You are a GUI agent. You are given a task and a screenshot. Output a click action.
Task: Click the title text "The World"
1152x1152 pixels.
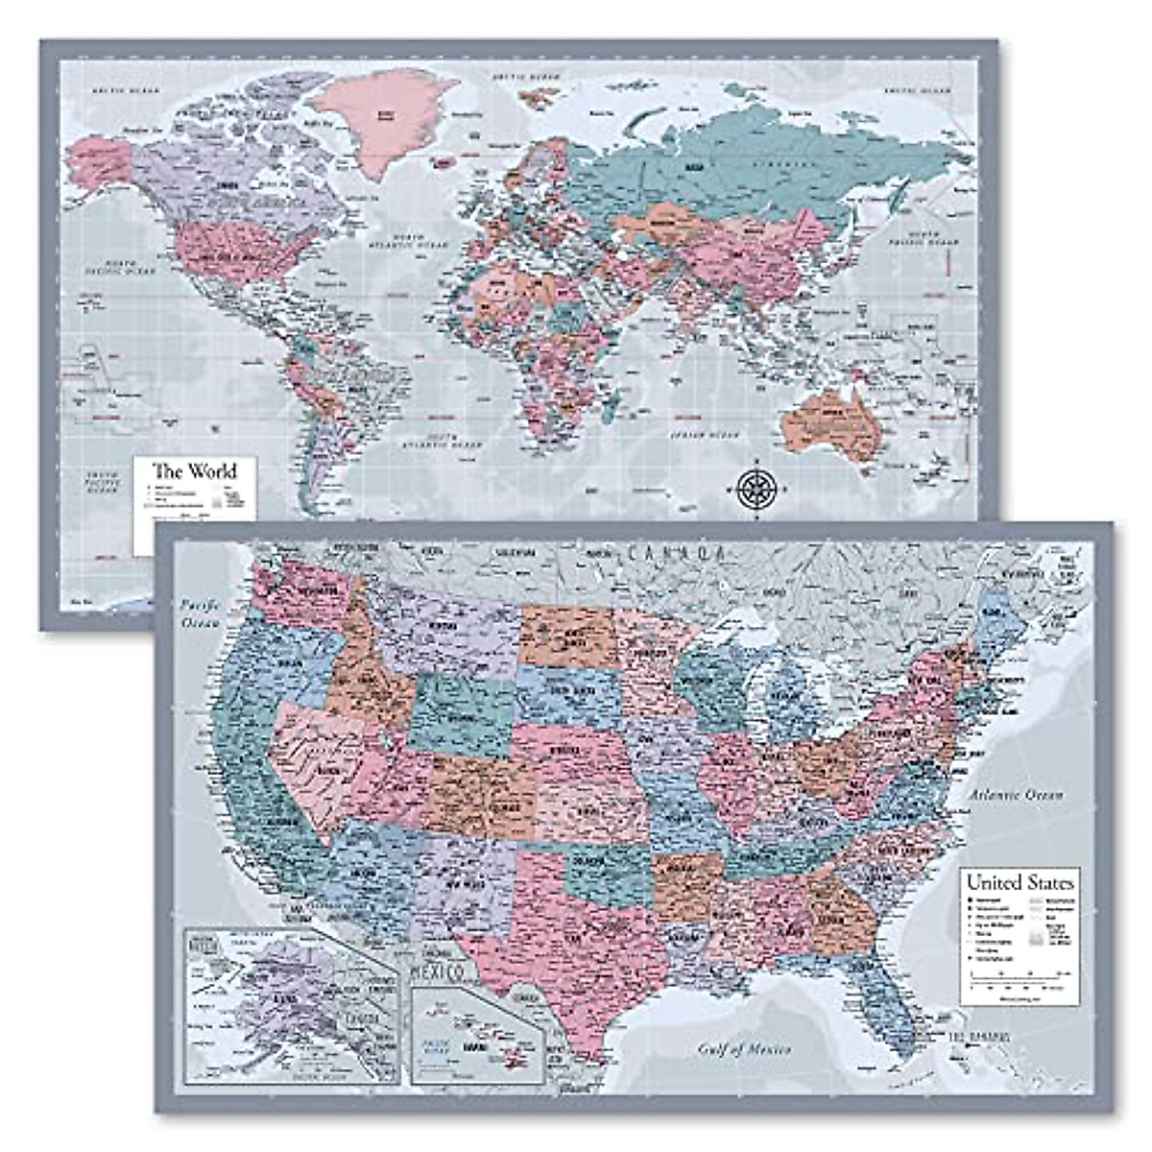(195, 471)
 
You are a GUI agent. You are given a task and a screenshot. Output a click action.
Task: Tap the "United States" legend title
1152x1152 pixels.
(1020, 882)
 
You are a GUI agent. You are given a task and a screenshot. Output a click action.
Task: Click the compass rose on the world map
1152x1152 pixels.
(757, 488)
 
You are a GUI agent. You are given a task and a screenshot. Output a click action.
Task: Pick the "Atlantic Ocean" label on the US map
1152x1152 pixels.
(1016, 795)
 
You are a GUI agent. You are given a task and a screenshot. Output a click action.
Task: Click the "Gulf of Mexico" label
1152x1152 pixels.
(744, 1049)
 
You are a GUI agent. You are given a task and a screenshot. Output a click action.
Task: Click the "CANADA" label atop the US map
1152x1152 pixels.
(675, 553)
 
